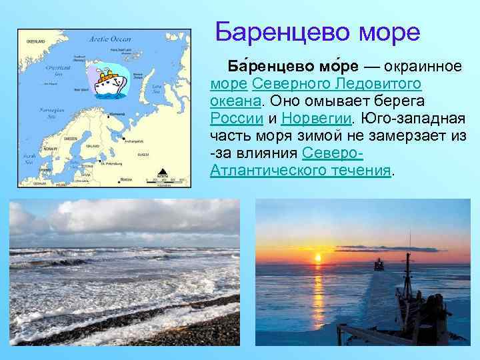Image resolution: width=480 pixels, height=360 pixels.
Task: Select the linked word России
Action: (236, 118)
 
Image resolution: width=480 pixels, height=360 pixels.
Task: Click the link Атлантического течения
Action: (300, 169)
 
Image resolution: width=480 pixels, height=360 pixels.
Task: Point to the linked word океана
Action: (235, 101)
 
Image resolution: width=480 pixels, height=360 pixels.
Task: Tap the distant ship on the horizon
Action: (379, 265)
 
